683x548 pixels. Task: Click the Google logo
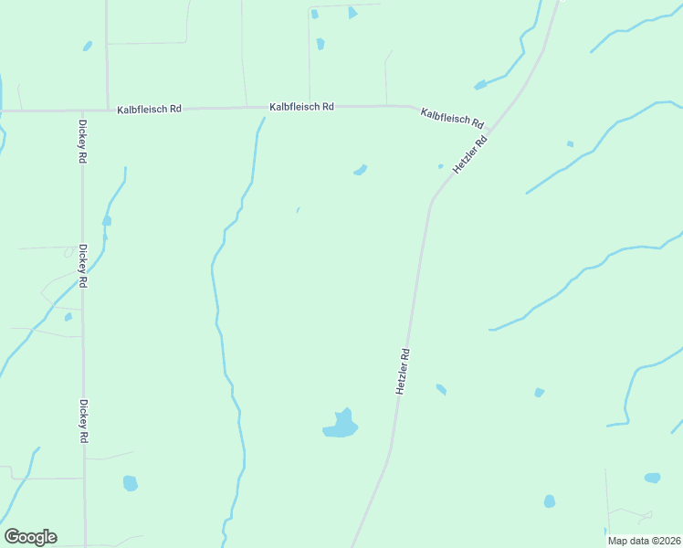click(30, 537)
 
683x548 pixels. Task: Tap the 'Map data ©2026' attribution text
click(644, 541)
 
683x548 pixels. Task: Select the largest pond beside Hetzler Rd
click(341, 425)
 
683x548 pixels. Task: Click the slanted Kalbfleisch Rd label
click(451, 118)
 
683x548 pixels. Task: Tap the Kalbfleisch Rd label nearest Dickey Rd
click(149, 110)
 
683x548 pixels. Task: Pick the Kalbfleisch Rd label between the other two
click(301, 107)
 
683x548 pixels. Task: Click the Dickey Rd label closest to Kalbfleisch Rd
click(82, 142)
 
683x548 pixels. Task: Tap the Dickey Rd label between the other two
click(82, 266)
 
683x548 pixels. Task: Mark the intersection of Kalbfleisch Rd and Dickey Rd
click(82, 111)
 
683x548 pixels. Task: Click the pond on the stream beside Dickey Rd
click(107, 221)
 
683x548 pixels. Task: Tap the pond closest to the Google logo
click(130, 482)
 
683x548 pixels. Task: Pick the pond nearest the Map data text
click(652, 478)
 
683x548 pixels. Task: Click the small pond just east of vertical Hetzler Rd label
click(441, 389)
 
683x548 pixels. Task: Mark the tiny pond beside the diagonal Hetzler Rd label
click(440, 166)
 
